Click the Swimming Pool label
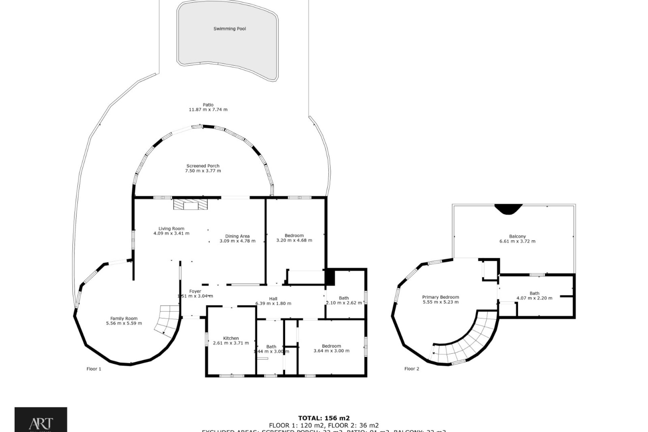point(230,29)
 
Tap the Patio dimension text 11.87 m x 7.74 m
point(208,110)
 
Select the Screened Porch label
point(203,166)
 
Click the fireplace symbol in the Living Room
point(190,205)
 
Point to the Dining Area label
point(237,236)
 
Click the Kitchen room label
point(231,338)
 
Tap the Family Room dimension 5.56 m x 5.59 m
point(124,323)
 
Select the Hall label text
point(273,299)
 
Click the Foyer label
point(195,291)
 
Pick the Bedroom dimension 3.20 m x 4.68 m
point(294,241)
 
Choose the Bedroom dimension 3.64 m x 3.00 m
point(331,351)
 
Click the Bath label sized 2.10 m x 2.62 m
point(344,298)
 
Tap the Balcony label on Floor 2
point(517,236)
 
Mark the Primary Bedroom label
point(440,297)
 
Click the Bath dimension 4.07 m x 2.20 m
point(534,298)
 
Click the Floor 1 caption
point(94,369)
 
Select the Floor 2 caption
point(411,369)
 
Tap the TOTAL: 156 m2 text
point(324,418)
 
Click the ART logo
point(40,420)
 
